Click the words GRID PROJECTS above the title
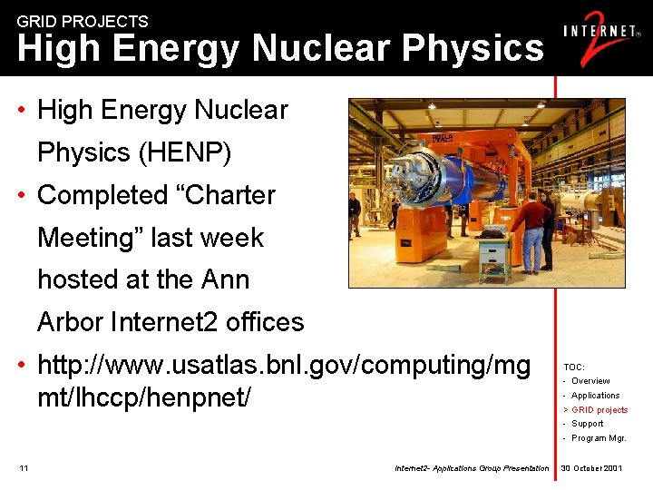83,21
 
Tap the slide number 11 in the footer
24,468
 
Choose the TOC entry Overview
590,381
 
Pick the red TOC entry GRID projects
599,410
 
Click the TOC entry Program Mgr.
599,438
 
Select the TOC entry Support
587,424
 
